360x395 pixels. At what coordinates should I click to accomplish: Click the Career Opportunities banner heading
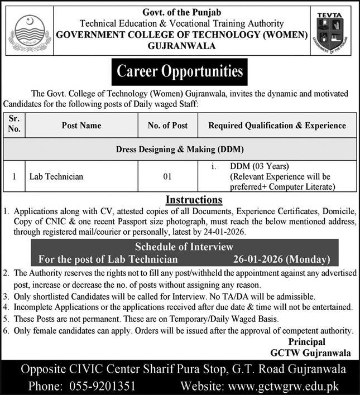coord(179,71)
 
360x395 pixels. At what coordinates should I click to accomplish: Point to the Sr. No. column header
coord(14,125)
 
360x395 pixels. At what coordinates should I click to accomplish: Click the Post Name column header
coord(81,126)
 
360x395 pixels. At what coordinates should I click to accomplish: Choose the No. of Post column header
coord(167,126)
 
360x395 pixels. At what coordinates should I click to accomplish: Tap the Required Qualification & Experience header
coord(277,126)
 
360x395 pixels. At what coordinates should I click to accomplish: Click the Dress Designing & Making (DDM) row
coord(180,150)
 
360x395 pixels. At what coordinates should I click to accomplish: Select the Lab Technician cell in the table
coord(56,176)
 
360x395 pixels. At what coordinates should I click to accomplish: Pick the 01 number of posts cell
coord(167,176)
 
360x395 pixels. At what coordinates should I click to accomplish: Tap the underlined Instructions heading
coord(194,199)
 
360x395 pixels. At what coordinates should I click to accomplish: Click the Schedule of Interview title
coord(184,247)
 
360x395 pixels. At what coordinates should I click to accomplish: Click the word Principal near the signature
coord(306,341)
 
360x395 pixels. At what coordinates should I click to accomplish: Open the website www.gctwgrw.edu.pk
coord(285,385)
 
